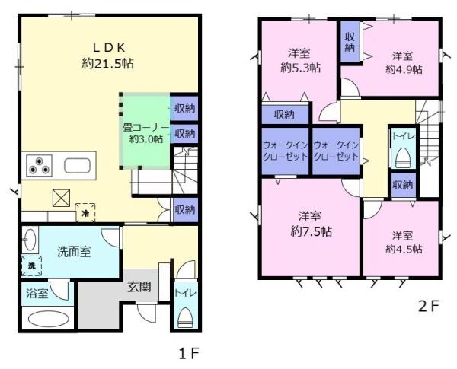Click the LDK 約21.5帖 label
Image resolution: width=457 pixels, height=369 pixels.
point(108,56)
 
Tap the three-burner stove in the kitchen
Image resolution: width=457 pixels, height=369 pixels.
point(39,165)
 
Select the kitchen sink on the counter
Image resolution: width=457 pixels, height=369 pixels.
point(77,166)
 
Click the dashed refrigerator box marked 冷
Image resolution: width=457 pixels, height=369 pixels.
point(85,212)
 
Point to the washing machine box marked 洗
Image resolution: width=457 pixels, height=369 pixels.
point(32,266)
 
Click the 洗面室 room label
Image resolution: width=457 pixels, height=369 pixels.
point(74,252)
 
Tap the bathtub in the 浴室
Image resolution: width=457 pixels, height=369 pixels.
point(49,318)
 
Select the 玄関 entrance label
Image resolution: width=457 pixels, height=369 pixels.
point(139,287)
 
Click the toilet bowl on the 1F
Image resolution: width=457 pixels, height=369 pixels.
point(185,317)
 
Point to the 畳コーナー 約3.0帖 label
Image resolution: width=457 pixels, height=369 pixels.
point(145,133)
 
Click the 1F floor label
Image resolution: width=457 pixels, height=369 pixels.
point(189,354)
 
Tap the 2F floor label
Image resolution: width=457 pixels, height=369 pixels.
point(428,306)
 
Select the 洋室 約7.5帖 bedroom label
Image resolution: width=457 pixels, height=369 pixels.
point(311,224)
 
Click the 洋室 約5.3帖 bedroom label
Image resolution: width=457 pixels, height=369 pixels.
point(300,61)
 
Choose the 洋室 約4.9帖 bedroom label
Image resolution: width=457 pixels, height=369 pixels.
point(404,62)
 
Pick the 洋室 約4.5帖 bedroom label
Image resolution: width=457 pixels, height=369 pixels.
point(404,242)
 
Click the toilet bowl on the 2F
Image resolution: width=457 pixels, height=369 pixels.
point(404,158)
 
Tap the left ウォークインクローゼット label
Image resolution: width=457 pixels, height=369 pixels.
point(286,151)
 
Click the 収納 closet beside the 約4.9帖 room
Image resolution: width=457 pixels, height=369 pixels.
point(350,42)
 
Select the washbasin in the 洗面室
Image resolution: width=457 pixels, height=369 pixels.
point(30,240)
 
